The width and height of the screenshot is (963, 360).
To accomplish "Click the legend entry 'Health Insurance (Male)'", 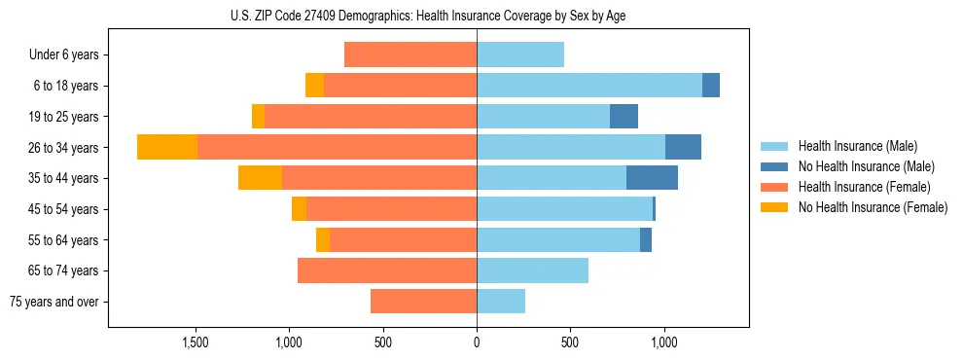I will tap(857, 146).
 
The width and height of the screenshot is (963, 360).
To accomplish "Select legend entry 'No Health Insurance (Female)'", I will tap(873, 207).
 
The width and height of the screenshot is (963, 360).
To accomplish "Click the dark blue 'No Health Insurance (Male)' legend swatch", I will tap(775, 166).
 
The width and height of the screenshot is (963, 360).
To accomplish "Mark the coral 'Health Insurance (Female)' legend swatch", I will tap(775, 187).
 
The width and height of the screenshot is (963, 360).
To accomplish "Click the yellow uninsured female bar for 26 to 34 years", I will tap(167, 147).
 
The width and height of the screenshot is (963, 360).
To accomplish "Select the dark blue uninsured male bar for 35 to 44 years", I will tap(652, 178).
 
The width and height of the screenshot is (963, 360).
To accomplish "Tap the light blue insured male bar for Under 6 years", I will tap(520, 54).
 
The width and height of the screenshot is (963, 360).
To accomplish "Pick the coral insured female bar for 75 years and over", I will tap(423, 302).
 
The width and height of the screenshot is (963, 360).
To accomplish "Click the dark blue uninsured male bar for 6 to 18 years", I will tap(711, 86).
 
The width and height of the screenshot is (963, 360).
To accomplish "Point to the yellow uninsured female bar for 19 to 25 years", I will tap(258, 117).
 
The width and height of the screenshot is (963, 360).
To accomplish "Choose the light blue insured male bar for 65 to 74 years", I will tap(532, 270).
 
